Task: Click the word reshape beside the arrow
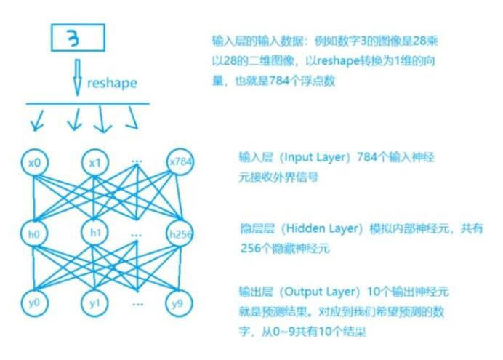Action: pyautogui.click(x=111, y=83)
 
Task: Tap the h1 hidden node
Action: pyautogui.click(x=95, y=233)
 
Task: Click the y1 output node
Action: pyautogui.click(x=95, y=301)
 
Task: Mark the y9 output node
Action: pyautogui.click(x=179, y=301)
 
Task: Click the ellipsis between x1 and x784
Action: pyautogui.click(x=137, y=157)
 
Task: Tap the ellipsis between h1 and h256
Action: pyautogui.click(x=137, y=234)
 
